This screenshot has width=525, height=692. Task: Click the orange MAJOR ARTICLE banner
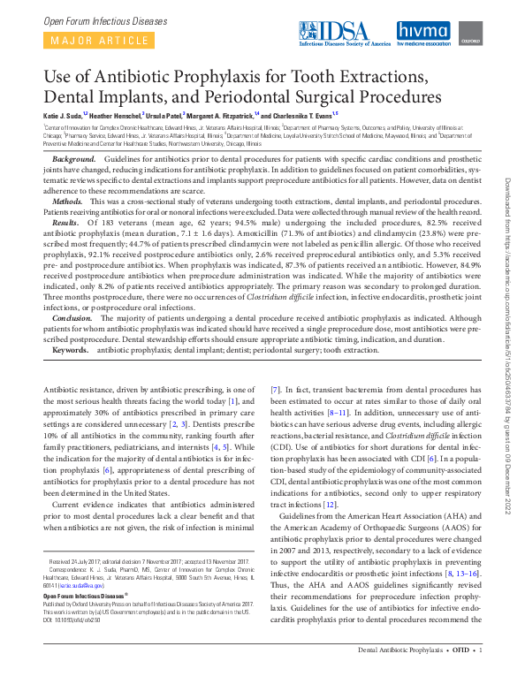(97, 40)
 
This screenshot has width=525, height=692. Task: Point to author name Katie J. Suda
(65, 116)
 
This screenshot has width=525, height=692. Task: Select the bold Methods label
(68, 202)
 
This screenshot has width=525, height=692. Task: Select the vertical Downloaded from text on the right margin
(508, 203)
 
